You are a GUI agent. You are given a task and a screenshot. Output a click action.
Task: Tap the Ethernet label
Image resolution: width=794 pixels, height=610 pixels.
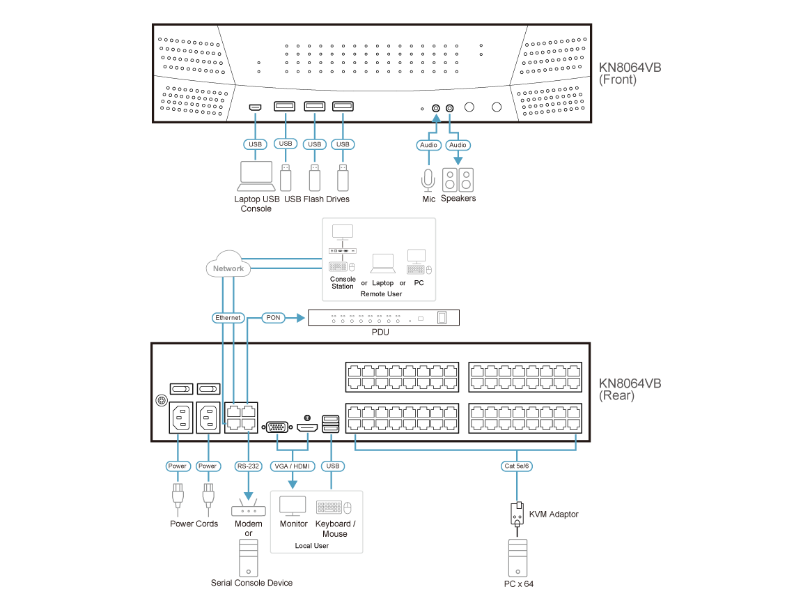(x=228, y=318)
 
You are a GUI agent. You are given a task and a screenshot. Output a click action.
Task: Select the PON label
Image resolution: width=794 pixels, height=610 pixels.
(x=272, y=318)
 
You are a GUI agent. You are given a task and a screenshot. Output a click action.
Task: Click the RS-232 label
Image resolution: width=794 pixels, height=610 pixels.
(x=248, y=466)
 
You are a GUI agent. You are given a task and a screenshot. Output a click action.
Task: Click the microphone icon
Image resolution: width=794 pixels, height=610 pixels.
(x=428, y=180)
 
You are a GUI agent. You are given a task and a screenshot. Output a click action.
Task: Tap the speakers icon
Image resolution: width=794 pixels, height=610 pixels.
(x=458, y=180)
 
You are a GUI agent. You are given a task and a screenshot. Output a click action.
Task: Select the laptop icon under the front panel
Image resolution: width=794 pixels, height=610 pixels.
(x=256, y=176)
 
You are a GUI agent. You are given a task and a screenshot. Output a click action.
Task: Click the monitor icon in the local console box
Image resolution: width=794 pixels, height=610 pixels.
(x=293, y=506)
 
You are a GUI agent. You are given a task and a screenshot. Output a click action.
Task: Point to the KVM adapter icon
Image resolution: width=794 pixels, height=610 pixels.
(x=517, y=514)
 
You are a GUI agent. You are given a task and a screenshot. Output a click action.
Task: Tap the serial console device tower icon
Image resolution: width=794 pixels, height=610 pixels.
(x=249, y=557)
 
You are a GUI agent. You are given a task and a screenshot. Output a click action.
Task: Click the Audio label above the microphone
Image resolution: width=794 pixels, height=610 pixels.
(x=429, y=145)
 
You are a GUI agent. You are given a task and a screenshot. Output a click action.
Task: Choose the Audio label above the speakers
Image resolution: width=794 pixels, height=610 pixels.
(x=457, y=145)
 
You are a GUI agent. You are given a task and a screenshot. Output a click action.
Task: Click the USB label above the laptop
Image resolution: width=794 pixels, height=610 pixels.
(x=256, y=144)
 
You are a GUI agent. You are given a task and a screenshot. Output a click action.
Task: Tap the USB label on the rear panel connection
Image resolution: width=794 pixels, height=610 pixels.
(x=333, y=466)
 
